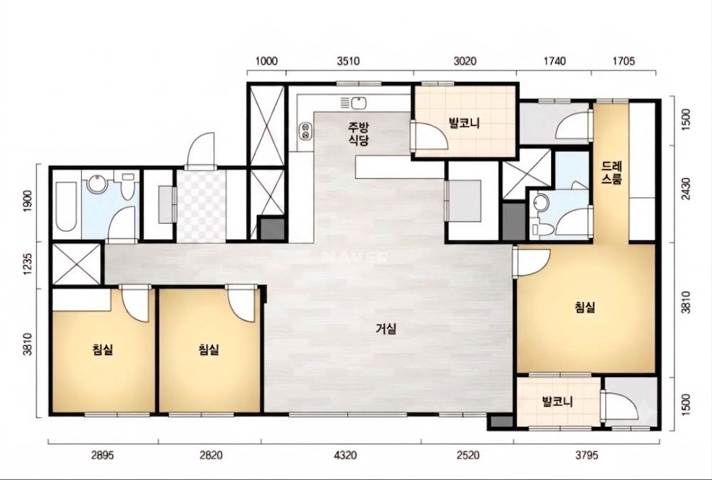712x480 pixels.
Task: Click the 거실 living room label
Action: pyautogui.click(x=386, y=329)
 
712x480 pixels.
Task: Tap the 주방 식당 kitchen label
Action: pyautogui.click(x=358, y=134)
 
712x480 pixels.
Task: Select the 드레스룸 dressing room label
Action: pyautogui.click(x=612, y=173)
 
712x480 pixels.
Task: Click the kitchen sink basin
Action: pyautogui.click(x=359, y=103)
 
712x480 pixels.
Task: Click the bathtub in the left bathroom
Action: pyautogui.click(x=66, y=207)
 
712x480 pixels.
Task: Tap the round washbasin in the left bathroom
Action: pyautogui.click(x=96, y=185)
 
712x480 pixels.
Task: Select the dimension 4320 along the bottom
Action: pyautogui.click(x=345, y=455)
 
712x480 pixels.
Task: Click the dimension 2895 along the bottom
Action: pyautogui.click(x=102, y=455)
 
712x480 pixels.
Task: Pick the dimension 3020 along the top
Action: pyautogui.click(x=465, y=61)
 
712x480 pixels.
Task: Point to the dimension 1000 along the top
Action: pyautogui.click(x=267, y=61)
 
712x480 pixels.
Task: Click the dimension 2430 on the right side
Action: pyautogui.click(x=686, y=188)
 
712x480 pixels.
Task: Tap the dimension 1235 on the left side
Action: pyautogui.click(x=28, y=265)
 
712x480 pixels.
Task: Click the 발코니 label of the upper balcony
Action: pyautogui.click(x=465, y=123)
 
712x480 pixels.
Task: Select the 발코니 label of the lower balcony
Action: pyautogui.click(x=557, y=402)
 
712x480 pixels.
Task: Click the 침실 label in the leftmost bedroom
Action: pyautogui.click(x=102, y=350)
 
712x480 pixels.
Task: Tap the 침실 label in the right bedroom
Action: pyautogui.click(x=585, y=307)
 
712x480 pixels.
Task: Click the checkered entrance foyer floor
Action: pyautogui.click(x=201, y=206)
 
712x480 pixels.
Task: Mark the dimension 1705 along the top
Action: pyautogui.click(x=624, y=61)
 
